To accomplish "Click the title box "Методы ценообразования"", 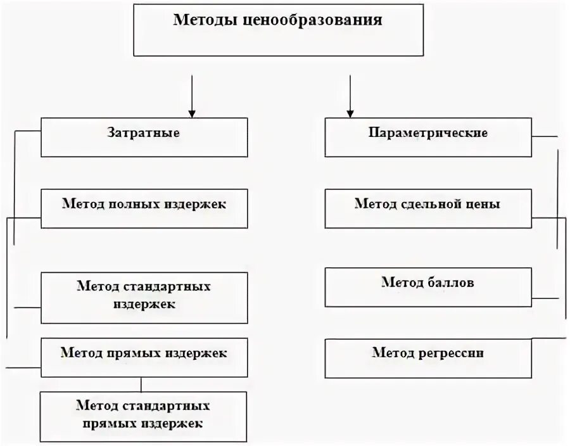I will tap(278, 30).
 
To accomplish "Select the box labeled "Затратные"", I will tap(144, 137).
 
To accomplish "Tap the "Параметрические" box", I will tap(428, 137).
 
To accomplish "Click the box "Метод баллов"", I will tap(428, 286).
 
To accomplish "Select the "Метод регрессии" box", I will tap(428, 357).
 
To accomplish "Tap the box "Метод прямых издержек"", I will tap(144, 357).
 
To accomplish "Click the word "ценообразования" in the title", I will tap(313, 20).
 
